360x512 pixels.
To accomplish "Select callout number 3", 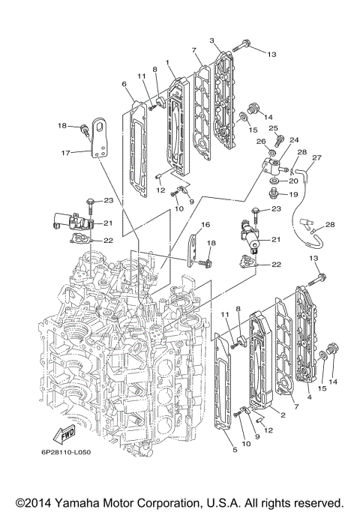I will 212,40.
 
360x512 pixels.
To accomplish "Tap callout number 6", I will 124,85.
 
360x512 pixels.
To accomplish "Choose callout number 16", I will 205,224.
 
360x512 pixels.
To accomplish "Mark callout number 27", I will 316,157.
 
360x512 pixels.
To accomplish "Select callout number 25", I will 273,128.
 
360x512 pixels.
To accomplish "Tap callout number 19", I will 294,194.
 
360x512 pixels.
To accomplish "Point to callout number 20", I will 294,181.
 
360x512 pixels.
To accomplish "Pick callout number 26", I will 262,141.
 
